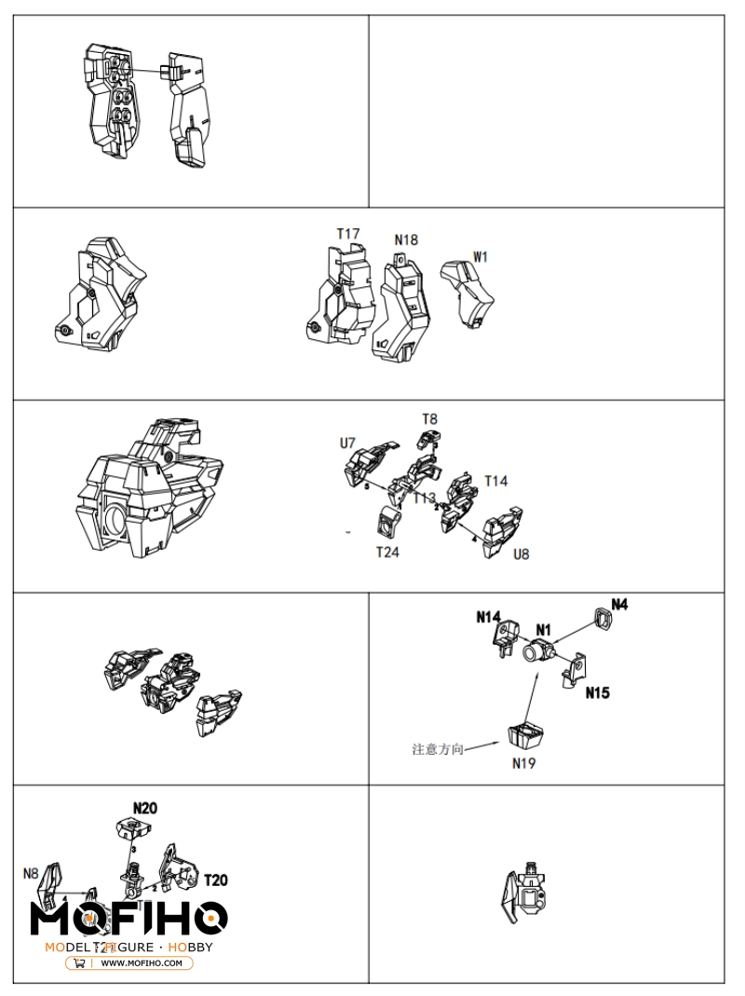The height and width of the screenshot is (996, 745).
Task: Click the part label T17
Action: click(x=348, y=234)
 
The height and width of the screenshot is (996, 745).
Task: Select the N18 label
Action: click(x=406, y=240)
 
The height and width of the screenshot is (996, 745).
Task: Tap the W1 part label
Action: click(x=481, y=256)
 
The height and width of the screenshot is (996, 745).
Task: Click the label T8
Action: click(x=429, y=419)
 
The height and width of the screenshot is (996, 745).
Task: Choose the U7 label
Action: click(x=347, y=443)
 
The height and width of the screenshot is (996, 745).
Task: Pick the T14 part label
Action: click(x=496, y=481)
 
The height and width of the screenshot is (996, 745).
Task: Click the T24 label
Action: click(x=387, y=553)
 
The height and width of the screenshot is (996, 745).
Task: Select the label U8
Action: click(x=521, y=553)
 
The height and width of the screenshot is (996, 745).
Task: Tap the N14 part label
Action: click(x=489, y=616)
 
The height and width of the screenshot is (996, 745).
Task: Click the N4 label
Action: click(x=619, y=604)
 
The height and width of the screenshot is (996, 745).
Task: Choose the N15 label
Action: click(x=598, y=693)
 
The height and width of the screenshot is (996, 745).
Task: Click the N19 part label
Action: click(x=524, y=763)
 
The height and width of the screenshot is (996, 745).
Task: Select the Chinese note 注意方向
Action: click(x=438, y=748)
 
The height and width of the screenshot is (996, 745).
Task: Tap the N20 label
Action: click(x=144, y=808)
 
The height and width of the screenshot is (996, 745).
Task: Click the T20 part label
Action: click(x=215, y=880)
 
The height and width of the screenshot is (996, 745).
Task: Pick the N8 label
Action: click(x=31, y=873)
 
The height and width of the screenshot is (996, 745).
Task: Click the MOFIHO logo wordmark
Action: click(x=129, y=918)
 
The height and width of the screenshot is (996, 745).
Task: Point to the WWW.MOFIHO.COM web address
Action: click(x=141, y=963)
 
